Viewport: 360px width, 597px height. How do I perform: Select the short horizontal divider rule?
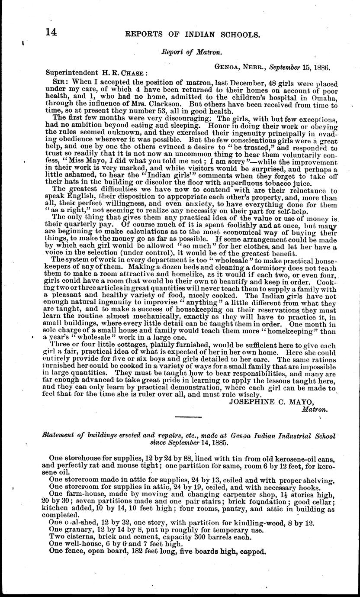click(189, 416)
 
